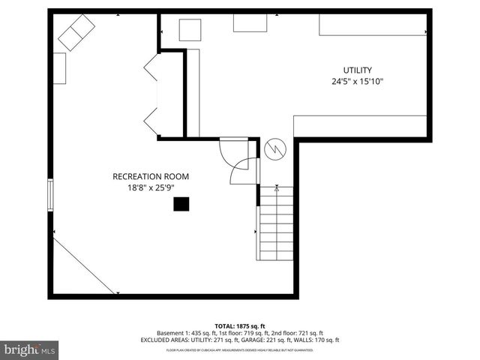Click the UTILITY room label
357,70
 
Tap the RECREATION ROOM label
151,176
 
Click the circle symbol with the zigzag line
275,149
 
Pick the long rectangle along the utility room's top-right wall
373,24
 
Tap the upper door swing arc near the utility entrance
226,149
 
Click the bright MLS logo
30,349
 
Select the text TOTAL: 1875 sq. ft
240,326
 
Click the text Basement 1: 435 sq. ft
184,333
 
